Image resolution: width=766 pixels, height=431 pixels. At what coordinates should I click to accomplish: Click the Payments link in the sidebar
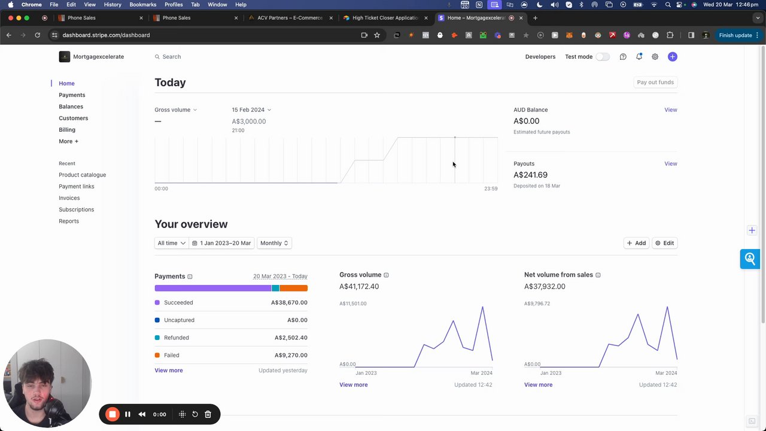pyautogui.click(x=72, y=95)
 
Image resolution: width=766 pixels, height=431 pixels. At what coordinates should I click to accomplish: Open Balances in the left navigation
pyautogui.click(x=71, y=107)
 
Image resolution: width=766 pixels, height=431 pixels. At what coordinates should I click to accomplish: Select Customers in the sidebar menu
pyautogui.click(x=73, y=118)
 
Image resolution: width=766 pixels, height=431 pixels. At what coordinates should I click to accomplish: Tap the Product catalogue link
pyautogui.click(x=82, y=175)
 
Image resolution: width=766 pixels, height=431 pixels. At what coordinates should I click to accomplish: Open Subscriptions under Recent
pyautogui.click(x=76, y=210)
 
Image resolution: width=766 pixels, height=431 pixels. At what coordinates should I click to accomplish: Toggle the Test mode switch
pyautogui.click(x=602, y=57)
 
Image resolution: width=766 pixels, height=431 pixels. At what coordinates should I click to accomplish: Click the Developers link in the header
pyautogui.click(x=540, y=57)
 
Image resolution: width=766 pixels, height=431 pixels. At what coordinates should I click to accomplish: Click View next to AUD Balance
pyautogui.click(x=670, y=110)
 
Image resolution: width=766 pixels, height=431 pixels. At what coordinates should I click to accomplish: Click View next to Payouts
pyautogui.click(x=670, y=163)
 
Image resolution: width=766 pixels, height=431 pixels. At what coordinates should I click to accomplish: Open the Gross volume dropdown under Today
pyautogui.click(x=175, y=110)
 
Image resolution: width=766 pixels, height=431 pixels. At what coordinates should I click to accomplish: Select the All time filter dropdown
pyautogui.click(x=171, y=243)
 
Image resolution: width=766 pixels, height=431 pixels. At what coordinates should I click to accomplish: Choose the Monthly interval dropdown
pyautogui.click(x=274, y=243)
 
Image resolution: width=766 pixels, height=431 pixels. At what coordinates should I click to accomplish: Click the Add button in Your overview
pyautogui.click(x=636, y=243)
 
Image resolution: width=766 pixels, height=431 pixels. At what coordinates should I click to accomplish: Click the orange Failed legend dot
pyautogui.click(x=157, y=355)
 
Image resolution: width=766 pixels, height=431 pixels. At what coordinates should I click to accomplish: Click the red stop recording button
pyautogui.click(x=113, y=414)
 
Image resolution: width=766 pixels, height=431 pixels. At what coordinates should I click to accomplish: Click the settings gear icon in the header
pyautogui.click(x=655, y=57)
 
